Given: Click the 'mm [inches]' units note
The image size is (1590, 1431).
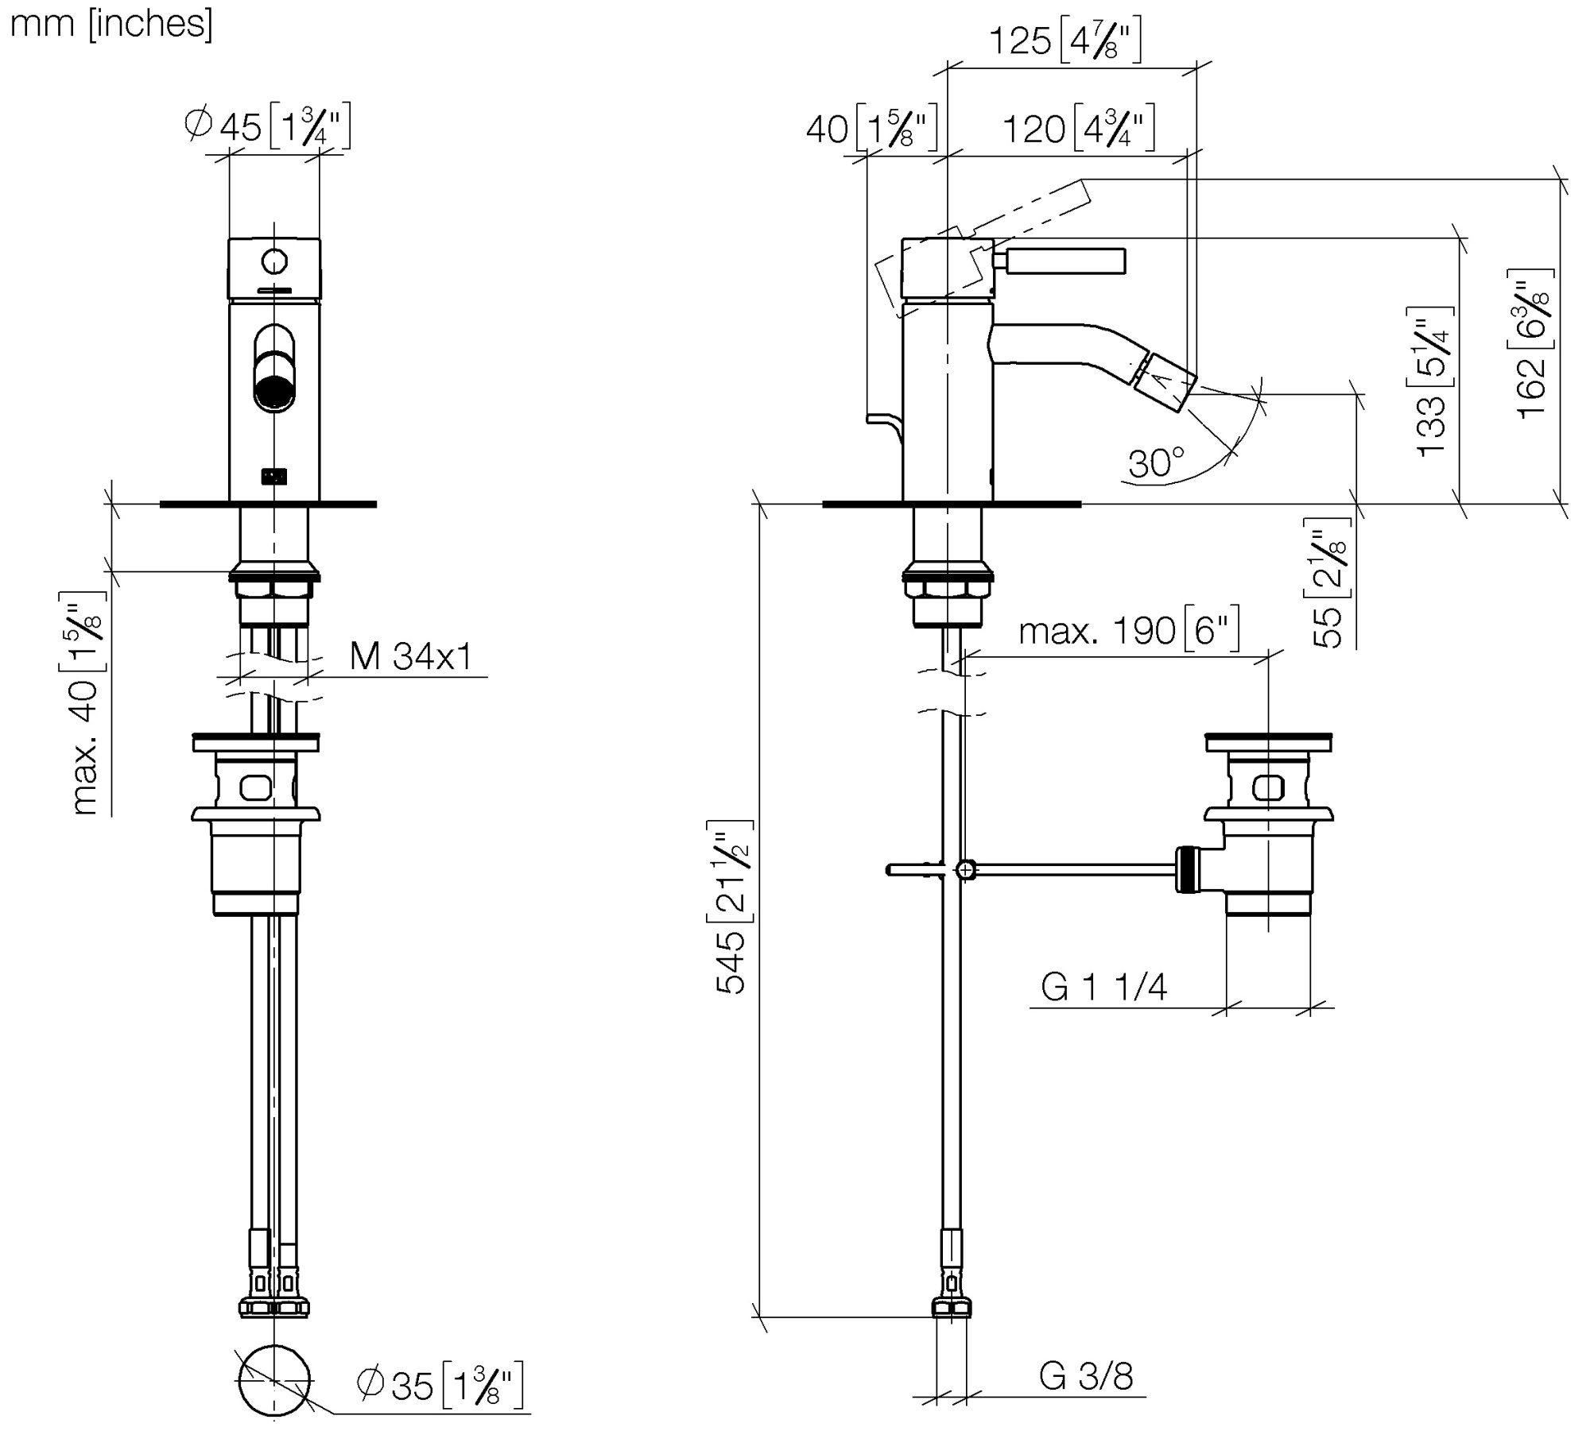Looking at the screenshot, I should click(x=111, y=24).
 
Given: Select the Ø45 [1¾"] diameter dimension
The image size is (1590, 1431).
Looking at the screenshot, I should click(x=267, y=126).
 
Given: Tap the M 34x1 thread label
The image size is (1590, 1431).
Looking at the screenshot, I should click(x=411, y=657).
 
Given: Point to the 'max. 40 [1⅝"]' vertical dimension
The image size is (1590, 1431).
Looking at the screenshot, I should click(x=85, y=704).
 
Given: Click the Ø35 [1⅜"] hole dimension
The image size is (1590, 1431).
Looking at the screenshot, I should click(x=440, y=1385).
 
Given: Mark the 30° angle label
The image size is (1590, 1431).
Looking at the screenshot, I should click(x=1155, y=462).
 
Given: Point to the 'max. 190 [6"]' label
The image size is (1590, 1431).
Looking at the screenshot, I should click(x=1129, y=632).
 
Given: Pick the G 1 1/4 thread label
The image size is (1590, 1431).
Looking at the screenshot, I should click(x=1103, y=988).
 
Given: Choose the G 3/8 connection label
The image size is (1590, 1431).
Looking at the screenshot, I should click(x=1086, y=1377).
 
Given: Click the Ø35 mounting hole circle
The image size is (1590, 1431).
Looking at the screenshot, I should click(x=274, y=1382).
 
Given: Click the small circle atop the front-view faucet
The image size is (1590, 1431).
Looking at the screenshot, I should click(x=274, y=261).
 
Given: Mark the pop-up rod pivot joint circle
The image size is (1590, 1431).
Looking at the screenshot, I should click(x=964, y=870).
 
